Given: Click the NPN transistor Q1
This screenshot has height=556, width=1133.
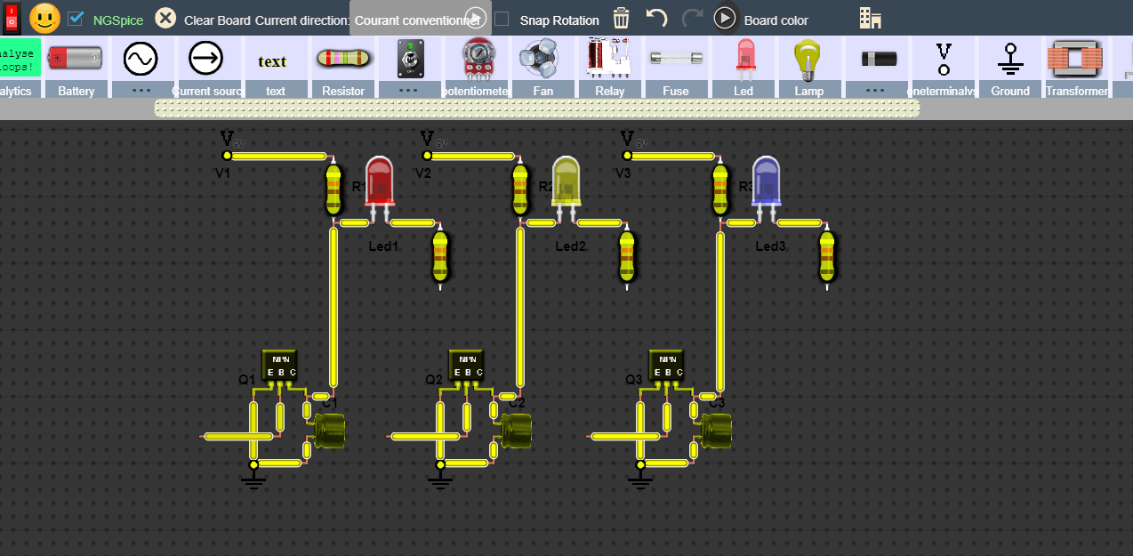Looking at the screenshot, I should tap(278, 366).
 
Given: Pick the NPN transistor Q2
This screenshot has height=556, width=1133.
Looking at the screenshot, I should tap(467, 366).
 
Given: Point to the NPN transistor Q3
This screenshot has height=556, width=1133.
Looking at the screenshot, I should tap(667, 366).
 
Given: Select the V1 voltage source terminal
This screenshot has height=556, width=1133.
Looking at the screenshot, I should tap(227, 155).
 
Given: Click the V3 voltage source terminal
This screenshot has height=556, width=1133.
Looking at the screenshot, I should tap(627, 155).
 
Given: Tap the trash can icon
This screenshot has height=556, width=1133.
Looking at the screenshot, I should tap(622, 18).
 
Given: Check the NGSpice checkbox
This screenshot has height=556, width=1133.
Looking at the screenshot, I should tap(76, 19).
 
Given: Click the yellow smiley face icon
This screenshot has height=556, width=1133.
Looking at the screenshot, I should tap(44, 18).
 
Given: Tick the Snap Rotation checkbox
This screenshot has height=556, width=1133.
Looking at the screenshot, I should tap(502, 19).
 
